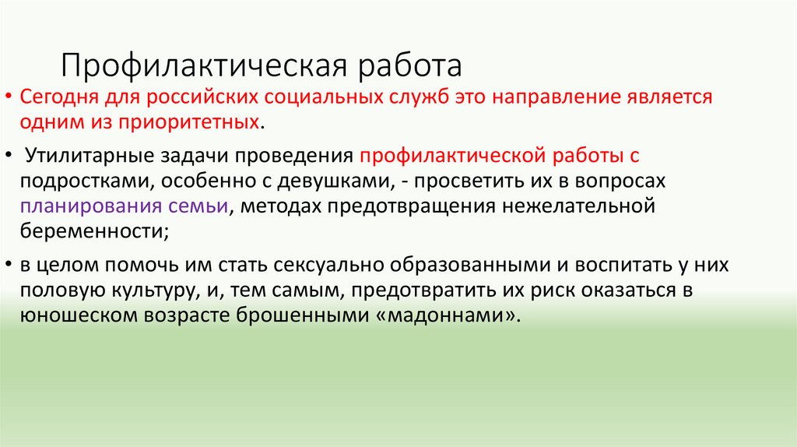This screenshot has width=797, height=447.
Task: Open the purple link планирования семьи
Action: pos(125,206)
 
